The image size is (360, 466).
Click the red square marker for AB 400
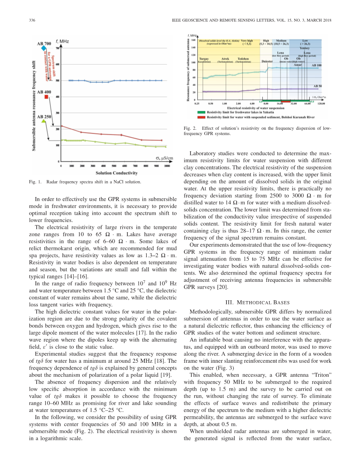click(x=46, y=97)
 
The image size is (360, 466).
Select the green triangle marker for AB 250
click(x=43, y=121)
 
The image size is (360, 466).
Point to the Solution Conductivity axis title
click(x=116, y=173)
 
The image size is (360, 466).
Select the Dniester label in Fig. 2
click(x=267, y=61)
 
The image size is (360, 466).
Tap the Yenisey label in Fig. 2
click(x=305, y=48)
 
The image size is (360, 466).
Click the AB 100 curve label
click(x=317, y=65)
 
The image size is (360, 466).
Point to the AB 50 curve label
click(x=318, y=86)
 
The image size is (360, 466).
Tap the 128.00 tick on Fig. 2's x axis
click(x=321, y=103)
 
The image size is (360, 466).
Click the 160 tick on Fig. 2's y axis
click(x=194, y=40)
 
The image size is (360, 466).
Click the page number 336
click(x=32, y=20)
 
